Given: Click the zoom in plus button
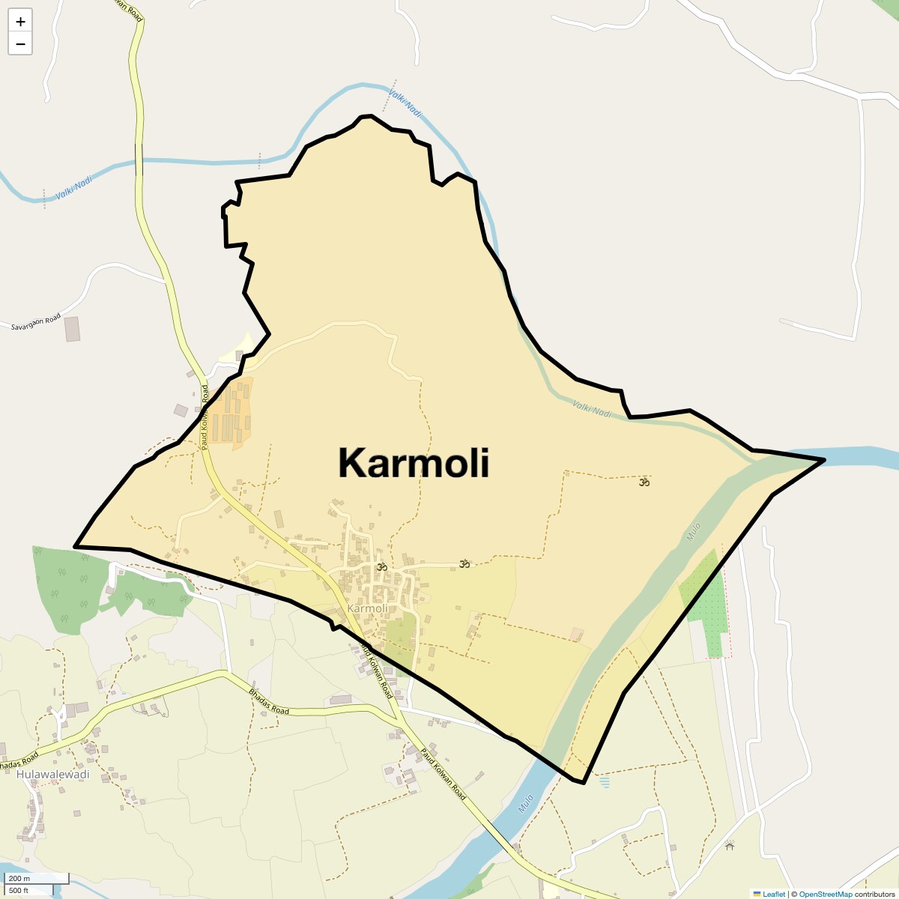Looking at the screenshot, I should pos(20,22).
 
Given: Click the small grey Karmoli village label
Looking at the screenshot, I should pos(368,608).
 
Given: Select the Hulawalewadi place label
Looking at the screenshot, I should pos(52,774).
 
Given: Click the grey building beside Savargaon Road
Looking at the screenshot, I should pos(72,329).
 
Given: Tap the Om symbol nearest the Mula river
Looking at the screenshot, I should pos(644,482).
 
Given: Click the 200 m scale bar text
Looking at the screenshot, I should pos(19,878).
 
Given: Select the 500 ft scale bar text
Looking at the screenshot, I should pos(19,890).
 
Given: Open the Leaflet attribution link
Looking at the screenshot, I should pos(773,894).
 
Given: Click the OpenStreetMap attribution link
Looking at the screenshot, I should pos(825,894).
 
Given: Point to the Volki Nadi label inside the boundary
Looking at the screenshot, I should pos(592,408).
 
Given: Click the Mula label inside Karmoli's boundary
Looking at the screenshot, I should pos(694,532).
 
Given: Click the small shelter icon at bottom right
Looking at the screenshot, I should pos(730,845).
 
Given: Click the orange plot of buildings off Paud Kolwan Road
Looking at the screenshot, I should pos(231,412).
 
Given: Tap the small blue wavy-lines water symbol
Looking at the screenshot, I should pos(605,782).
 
